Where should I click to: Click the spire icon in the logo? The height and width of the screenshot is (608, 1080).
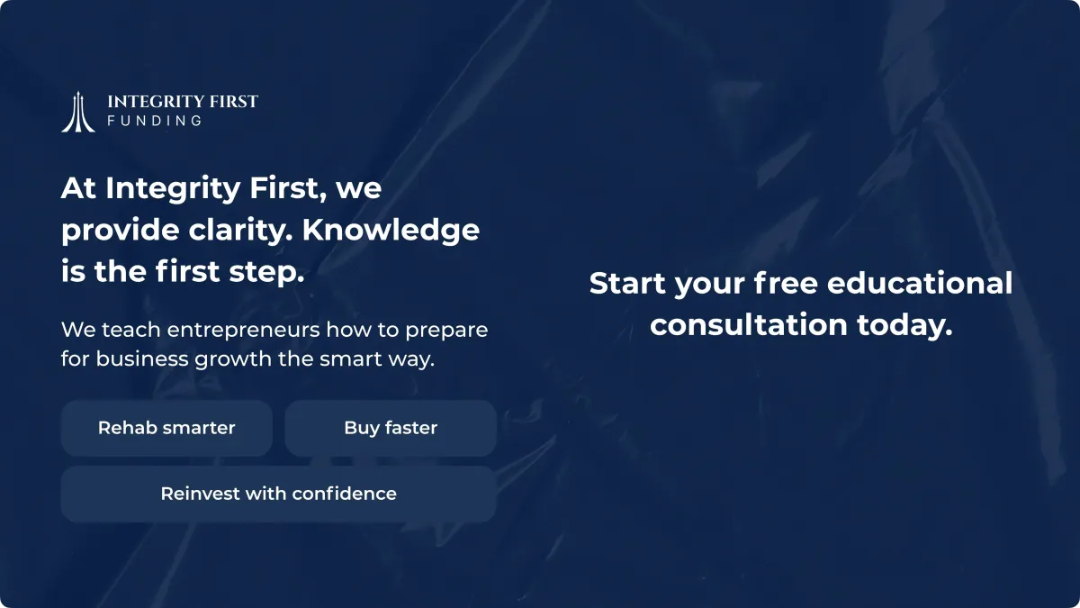(x=78, y=112)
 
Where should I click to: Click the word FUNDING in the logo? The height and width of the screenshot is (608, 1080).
(x=154, y=121)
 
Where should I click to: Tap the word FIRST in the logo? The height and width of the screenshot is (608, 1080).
(x=234, y=101)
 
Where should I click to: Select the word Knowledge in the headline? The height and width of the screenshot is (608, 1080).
(x=391, y=231)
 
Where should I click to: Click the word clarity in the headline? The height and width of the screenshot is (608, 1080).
(x=240, y=231)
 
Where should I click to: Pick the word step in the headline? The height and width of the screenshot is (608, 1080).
(x=266, y=272)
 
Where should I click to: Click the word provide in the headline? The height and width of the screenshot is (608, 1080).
(x=121, y=231)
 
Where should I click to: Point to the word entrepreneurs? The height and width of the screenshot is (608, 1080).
(x=244, y=331)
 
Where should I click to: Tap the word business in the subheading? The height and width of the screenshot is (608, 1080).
(x=142, y=358)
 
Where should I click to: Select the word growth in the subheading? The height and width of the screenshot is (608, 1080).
(x=233, y=359)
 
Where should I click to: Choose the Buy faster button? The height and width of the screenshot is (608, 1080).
(x=391, y=428)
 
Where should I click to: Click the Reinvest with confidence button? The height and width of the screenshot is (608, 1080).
(x=279, y=494)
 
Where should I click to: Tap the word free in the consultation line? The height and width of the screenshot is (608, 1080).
(x=786, y=283)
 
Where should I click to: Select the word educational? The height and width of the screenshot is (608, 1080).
(x=920, y=283)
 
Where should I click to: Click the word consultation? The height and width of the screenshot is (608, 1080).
(x=749, y=325)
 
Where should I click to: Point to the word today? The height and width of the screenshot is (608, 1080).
(x=904, y=326)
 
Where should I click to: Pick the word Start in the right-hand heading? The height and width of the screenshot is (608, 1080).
(x=627, y=283)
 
